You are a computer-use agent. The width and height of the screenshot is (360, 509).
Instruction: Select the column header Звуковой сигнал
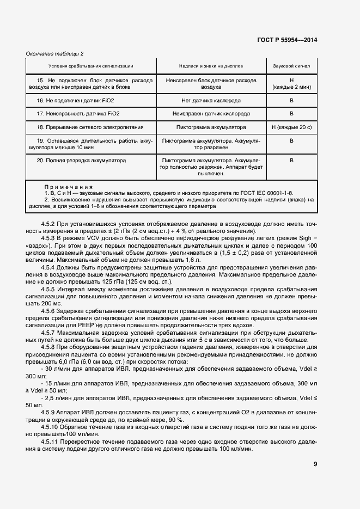291,66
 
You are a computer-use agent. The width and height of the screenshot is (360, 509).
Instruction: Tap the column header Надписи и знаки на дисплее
210,66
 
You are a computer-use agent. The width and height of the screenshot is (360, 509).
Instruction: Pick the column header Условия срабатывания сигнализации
90,66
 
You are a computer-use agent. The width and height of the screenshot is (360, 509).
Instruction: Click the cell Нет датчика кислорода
211,101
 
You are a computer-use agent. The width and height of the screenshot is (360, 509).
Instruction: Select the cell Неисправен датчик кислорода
211,114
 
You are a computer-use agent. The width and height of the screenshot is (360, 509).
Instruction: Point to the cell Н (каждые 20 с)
291,127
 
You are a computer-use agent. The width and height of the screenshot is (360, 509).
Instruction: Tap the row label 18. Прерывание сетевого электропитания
90,127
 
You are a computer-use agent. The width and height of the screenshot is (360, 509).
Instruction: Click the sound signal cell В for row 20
291,161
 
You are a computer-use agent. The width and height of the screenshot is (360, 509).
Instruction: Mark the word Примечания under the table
68,187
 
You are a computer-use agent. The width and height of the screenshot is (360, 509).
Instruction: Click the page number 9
315,464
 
